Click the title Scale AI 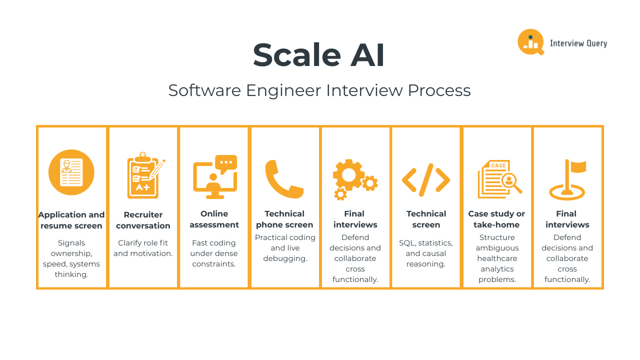pos(319,55)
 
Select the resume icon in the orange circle pos(71,172)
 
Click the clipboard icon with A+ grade pos(144,176)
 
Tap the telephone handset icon pos(283,178)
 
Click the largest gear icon pos(348,174)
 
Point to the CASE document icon pos(497,179)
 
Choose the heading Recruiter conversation pos(143,220)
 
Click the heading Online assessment pos(214,219)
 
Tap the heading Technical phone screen pos(284,219)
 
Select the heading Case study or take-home pos(496,219)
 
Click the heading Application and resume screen pos(71,220)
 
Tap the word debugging pos(285,258)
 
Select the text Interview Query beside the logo pos(578,43)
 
